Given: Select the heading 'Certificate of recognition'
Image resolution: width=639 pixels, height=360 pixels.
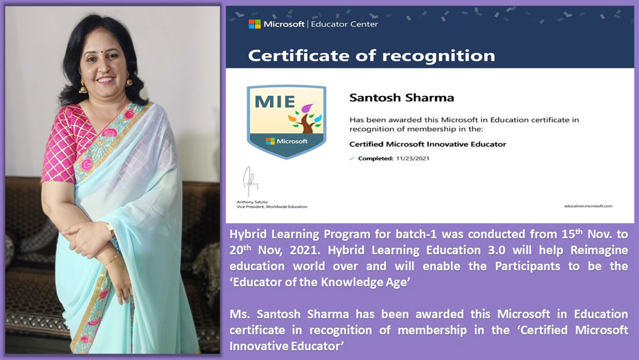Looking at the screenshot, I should [x=371, y=56].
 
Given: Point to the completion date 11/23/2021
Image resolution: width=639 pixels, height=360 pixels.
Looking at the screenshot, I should [x=412, y=158].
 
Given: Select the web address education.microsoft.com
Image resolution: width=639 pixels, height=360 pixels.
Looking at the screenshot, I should [x=589, y=206].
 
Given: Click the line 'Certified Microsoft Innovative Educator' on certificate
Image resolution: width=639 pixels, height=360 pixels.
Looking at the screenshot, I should [x=427, y=144].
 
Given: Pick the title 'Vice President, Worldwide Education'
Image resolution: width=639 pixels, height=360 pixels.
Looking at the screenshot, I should [x=272, y=207].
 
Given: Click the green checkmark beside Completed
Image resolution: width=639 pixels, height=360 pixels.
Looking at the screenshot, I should [x=351, y=158].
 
